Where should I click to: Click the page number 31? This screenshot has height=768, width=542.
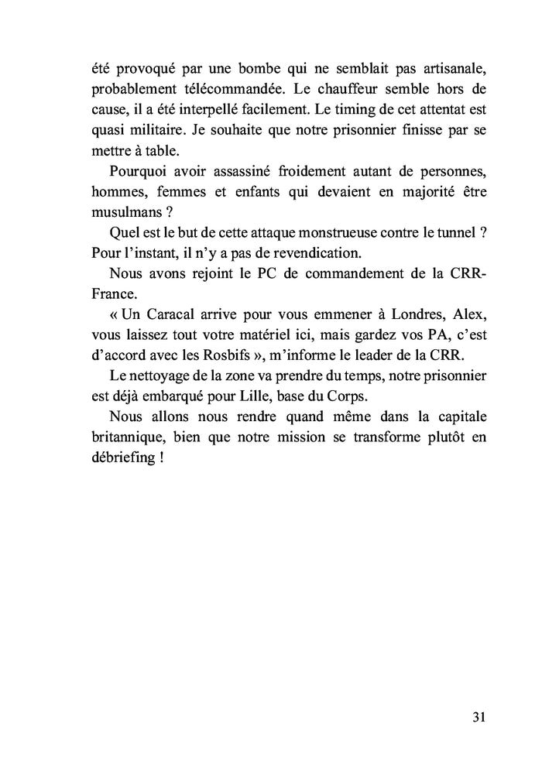point(478,716)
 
